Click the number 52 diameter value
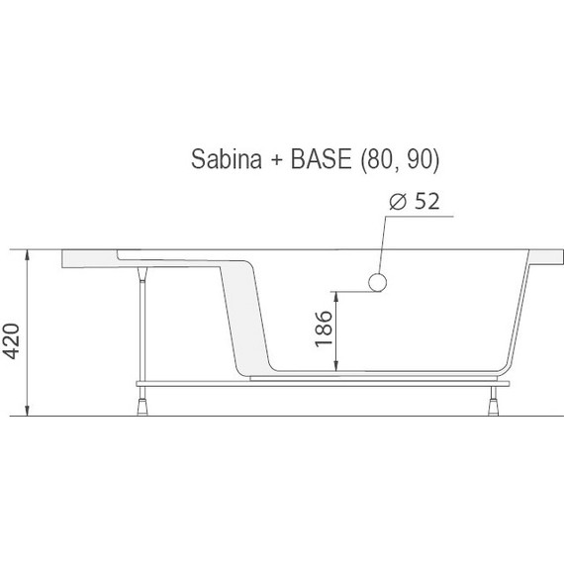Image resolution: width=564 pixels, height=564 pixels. pyautogui.click(x=426, y=203)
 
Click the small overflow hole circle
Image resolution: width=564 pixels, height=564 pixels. pyautogui.click(x=376, y=283)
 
